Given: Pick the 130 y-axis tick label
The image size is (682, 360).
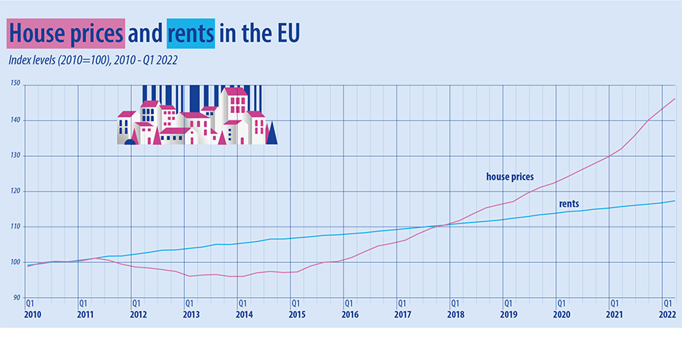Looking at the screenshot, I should pyautogui.click(x=15, y=155).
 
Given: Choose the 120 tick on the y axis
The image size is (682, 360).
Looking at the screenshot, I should pyautogui.click(x=15, y=190).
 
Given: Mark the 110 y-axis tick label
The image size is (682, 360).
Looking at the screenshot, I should pyautogui.click(x=15, y=226).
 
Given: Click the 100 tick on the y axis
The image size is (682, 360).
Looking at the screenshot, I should pyautogui.click(x=15, y=261).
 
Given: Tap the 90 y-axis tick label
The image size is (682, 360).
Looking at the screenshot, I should pyautogui.click(x=15, y=297).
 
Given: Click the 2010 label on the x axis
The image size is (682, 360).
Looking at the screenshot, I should pyautogui.click(x=31, y=314).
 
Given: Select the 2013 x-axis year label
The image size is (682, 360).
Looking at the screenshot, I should pyautogui.click(x=190, y=314).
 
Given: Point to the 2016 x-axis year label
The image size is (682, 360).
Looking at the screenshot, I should pyautogui.click(x=349, y=314).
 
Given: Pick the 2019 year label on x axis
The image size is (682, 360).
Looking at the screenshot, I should pyautogui.click(x=508, y=314).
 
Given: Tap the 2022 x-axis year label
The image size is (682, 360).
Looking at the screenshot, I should pyautogui.click(x=667, y=314).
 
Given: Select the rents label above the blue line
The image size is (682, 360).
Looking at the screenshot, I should pyautogui.click(x=569, y=204).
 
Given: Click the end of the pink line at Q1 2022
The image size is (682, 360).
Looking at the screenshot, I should pyautogui.click(x=675, y=99).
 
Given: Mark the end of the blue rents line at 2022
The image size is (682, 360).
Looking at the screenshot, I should pyautogui.click(x=675, y=201).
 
